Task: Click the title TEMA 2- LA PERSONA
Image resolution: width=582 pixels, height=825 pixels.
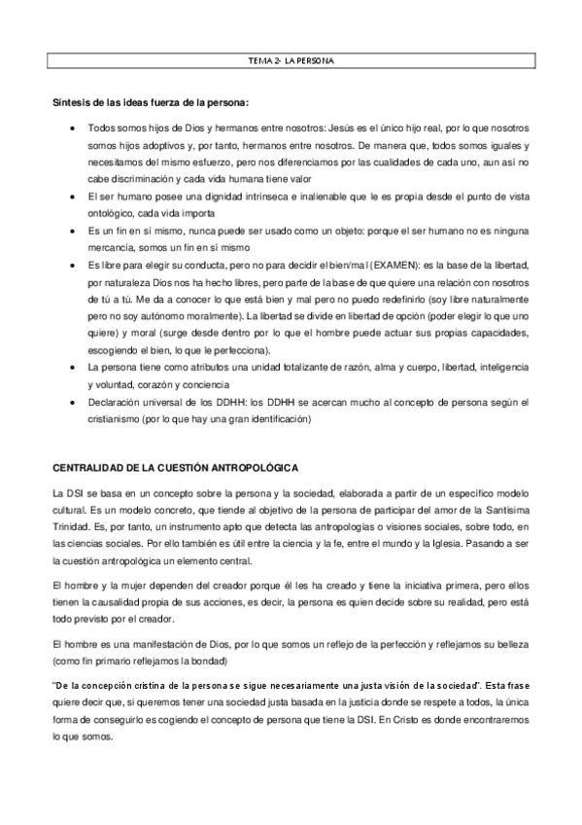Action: coord(291,61)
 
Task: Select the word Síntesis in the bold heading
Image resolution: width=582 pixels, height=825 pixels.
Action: coord(69,102)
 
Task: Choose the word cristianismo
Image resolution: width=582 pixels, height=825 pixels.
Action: coord(120,419)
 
